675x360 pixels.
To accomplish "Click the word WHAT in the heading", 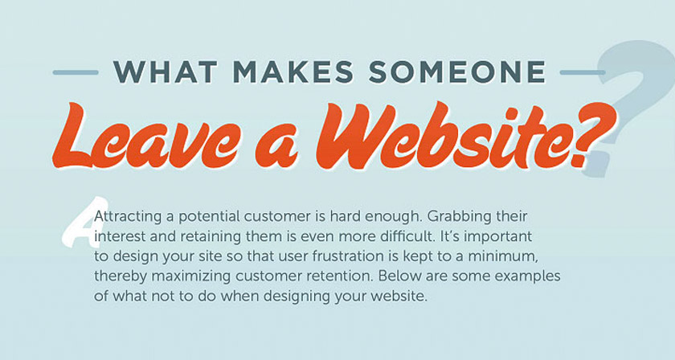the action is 165,72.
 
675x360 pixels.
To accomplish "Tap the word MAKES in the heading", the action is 293,72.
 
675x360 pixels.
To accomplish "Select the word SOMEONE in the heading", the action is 457,72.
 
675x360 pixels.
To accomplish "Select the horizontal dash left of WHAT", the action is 76,72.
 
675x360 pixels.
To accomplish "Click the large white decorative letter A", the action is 84,223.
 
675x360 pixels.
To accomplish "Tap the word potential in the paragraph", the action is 210,217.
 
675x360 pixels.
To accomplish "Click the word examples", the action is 527,277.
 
